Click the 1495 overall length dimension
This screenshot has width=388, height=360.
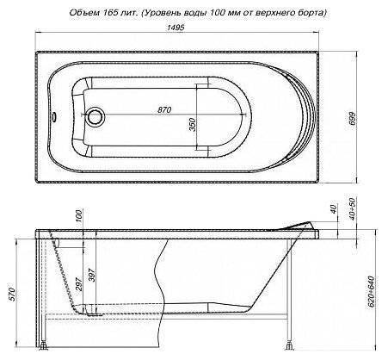176,28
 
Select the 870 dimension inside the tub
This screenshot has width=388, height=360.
164,109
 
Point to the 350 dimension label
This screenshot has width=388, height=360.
193,125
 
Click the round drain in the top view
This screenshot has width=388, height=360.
95,117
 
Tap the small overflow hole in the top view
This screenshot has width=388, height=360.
53,117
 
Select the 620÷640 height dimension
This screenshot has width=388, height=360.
371,291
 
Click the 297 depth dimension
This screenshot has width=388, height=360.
79,283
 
